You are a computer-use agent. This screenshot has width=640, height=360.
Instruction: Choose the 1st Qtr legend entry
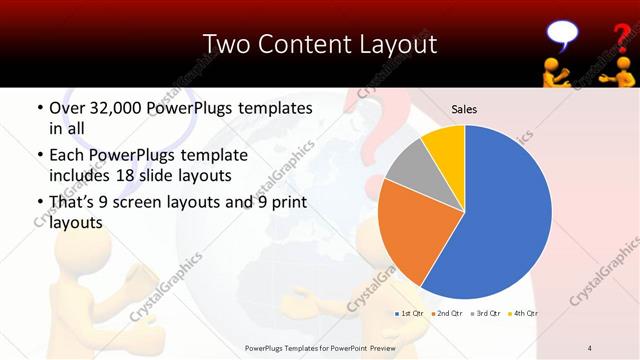[x=411, y=314]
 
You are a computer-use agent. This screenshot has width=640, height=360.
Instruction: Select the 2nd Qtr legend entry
[x=449, y=314]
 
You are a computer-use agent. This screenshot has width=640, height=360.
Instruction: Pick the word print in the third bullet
[x=285, y=203]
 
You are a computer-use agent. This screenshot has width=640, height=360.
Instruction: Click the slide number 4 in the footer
[x=590, y=347]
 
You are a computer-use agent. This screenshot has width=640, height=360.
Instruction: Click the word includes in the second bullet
[x=81, y=176]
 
